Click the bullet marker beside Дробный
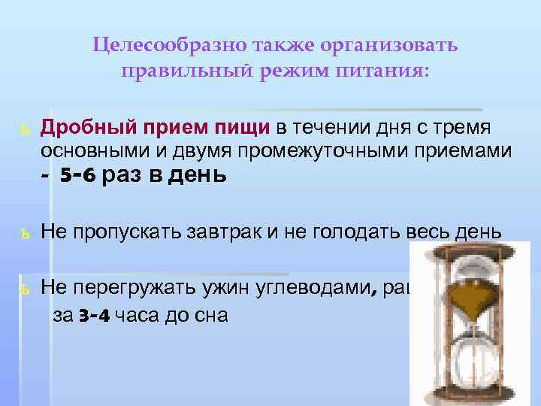pos(25,125)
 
